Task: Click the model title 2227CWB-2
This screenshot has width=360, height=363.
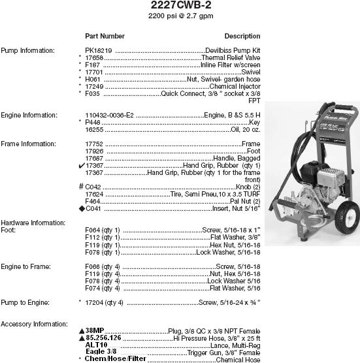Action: pos(179,5)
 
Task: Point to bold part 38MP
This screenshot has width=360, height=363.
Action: pos(95,330)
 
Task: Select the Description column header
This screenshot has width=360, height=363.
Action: pos(242,35)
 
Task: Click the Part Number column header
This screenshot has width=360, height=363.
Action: pos(105,35)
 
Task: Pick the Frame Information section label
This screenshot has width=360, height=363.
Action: pos(27,144)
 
